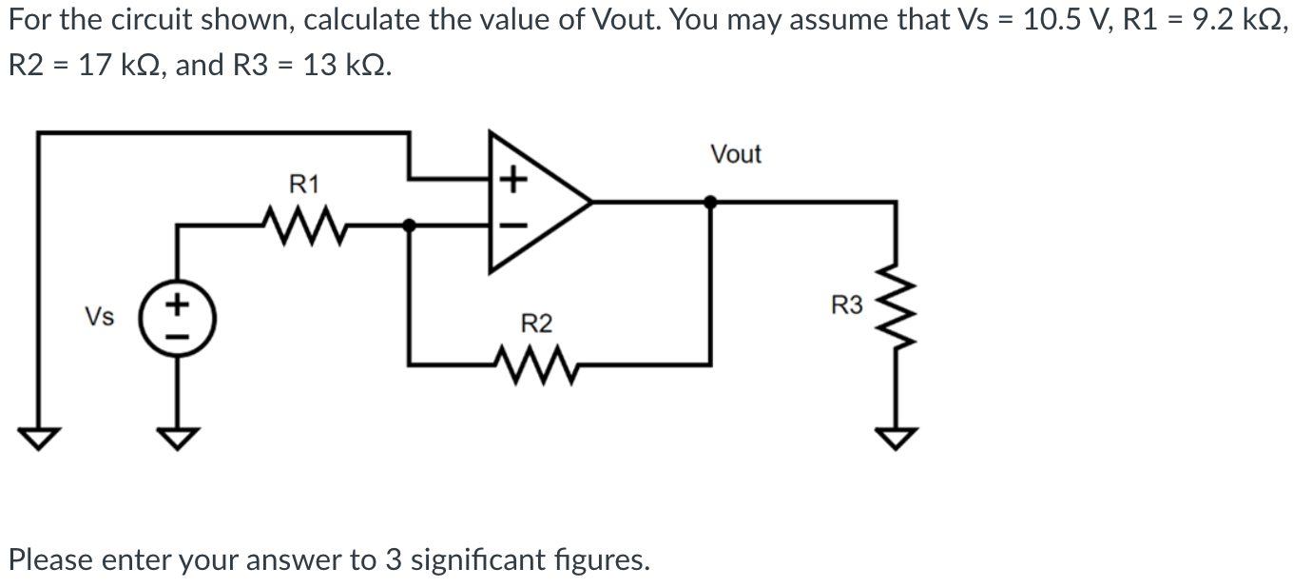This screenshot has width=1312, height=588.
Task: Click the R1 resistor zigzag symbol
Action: (x=303, y=225)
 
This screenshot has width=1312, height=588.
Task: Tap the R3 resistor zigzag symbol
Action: (x=895, y=304)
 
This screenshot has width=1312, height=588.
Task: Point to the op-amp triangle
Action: (x=532, y=202)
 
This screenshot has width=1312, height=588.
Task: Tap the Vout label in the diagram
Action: (x=736, y=154)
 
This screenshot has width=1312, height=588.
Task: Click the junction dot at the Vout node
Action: (x=710, y=202)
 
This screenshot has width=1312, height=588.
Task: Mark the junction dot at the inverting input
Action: (x=409, y=225)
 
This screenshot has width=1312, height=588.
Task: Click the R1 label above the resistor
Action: (x=304, y=184)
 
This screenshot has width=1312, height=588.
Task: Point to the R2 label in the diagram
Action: (x=536, y=323)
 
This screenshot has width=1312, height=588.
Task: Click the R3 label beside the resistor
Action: (x=847, y=305)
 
